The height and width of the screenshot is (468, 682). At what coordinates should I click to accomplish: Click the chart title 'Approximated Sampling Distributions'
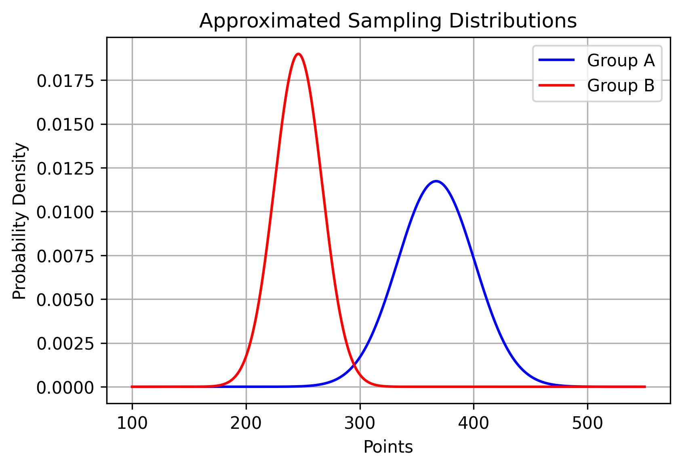point(388,21)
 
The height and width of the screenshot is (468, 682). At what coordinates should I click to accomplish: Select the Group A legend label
point(621,61)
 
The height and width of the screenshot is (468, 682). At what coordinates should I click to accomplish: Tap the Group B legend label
point(621,86)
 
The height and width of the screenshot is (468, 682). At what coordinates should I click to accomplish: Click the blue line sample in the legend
point(556,60)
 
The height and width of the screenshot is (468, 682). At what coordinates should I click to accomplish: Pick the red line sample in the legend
point(556,85)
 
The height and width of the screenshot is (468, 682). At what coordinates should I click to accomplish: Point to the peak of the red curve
point(298,54)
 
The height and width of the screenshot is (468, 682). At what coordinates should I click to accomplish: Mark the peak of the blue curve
point(436,181)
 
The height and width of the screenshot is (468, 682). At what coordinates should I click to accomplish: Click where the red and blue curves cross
point(354,366)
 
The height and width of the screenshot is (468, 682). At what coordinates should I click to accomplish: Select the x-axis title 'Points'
point(388,447)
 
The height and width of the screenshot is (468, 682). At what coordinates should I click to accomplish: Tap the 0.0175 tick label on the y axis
point(65,81)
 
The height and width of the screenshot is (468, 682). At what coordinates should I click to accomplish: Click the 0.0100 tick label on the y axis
point(65,212)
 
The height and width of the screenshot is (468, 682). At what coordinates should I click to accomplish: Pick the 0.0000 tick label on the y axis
point(65,388)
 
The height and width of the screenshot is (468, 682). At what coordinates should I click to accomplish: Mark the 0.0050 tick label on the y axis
point(65,300)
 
